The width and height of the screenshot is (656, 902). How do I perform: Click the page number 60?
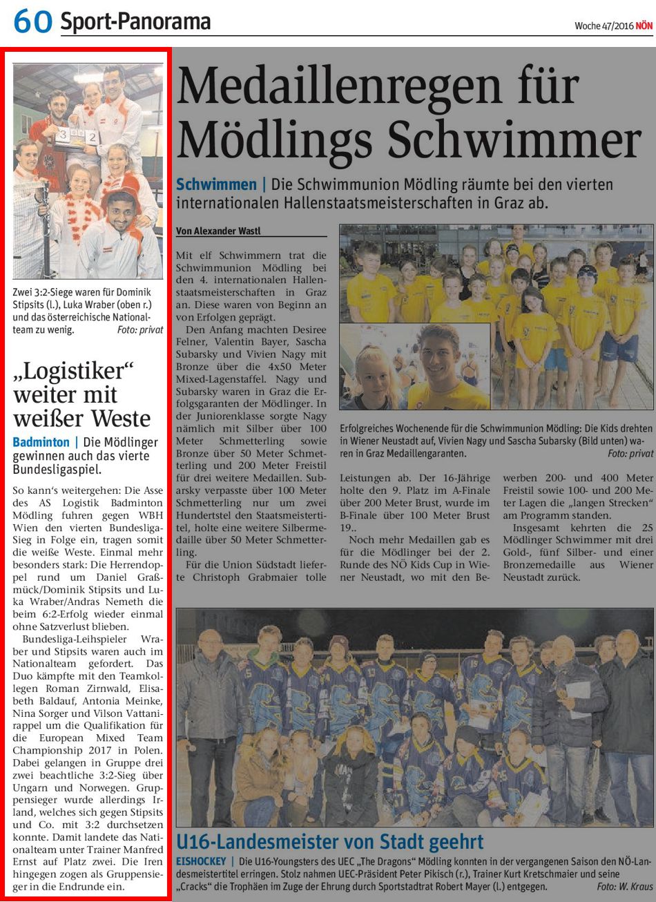[x=32, y=21]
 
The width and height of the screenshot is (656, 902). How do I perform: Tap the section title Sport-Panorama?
[x=135, y=21]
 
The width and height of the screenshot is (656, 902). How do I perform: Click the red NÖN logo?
[x=644, y=26]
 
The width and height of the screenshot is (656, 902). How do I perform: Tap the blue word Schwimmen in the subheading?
[x=216, y=185]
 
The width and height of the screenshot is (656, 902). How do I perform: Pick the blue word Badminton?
[x=41, y=442]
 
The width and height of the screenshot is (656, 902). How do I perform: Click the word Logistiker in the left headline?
[x=73, y=372]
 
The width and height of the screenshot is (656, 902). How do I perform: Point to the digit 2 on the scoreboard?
[x=91, y=137]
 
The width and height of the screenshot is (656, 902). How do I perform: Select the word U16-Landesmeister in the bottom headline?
[x=254, y=842]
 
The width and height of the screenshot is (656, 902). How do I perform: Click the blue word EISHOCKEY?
[x=201, y=862]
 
